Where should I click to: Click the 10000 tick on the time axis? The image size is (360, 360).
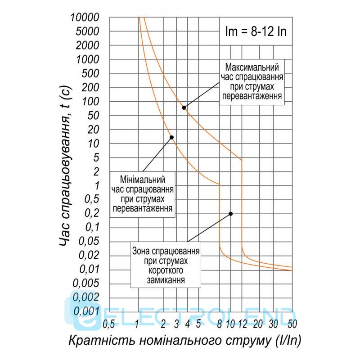click(x=85, y=18)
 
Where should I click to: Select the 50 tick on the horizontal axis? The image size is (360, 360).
click(x=292, y=323)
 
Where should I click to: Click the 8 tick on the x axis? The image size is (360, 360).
click(x=219, y=323)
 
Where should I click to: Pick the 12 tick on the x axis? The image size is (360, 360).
click(x=243, y=323)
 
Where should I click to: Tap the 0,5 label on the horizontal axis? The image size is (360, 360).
click(x=108, y=323)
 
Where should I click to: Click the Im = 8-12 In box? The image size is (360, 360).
click(x=255, y=32)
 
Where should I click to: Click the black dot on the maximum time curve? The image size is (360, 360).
click(x=184, y=107)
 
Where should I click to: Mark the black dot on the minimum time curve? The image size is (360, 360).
click(x=171, y=137)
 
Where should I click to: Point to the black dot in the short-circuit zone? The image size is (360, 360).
click(x=231, y=214)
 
